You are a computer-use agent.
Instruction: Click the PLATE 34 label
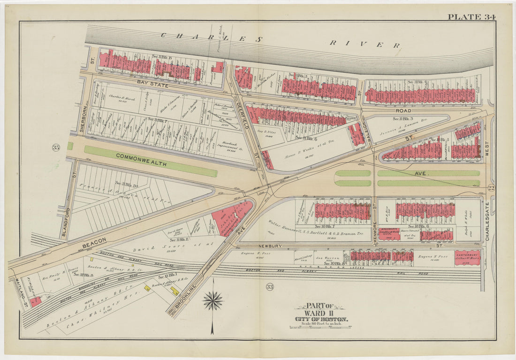coord(471,17)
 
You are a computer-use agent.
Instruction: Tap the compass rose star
coord(212,300)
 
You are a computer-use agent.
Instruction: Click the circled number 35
coord(57,148)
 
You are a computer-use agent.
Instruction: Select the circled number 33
coord(269,286)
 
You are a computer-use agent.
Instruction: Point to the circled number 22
coord(491,187)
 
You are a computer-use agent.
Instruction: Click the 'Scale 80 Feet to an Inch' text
coord(321,323)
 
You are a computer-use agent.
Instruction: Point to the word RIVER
coord(364,44)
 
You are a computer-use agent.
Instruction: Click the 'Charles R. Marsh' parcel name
coord(119,97)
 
